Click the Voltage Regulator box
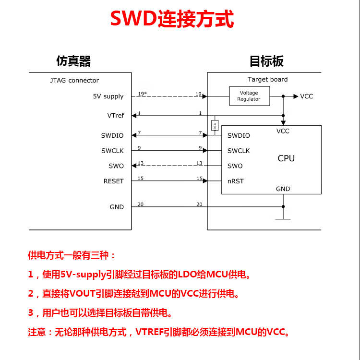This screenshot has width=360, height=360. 250,96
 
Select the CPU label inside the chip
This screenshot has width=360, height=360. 286,158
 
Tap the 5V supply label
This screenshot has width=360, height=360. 108,96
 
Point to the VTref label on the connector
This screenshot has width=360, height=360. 116,115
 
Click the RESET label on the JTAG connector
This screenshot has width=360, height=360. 114,181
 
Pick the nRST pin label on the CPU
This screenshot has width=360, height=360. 236,181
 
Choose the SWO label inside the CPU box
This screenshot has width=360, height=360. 235,166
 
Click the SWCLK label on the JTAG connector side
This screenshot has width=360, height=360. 112,151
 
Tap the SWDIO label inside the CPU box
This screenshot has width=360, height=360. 239,135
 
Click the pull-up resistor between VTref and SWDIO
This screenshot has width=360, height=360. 215,125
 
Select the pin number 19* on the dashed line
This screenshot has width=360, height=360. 142,94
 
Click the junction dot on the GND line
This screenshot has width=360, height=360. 283,206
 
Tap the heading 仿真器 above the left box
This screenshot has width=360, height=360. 73,61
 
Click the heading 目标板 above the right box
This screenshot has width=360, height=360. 266,61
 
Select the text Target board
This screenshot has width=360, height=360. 268,79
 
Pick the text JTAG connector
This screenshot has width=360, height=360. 74,80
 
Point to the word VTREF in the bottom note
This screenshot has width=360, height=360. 150,332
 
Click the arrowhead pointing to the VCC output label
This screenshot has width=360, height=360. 296,96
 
